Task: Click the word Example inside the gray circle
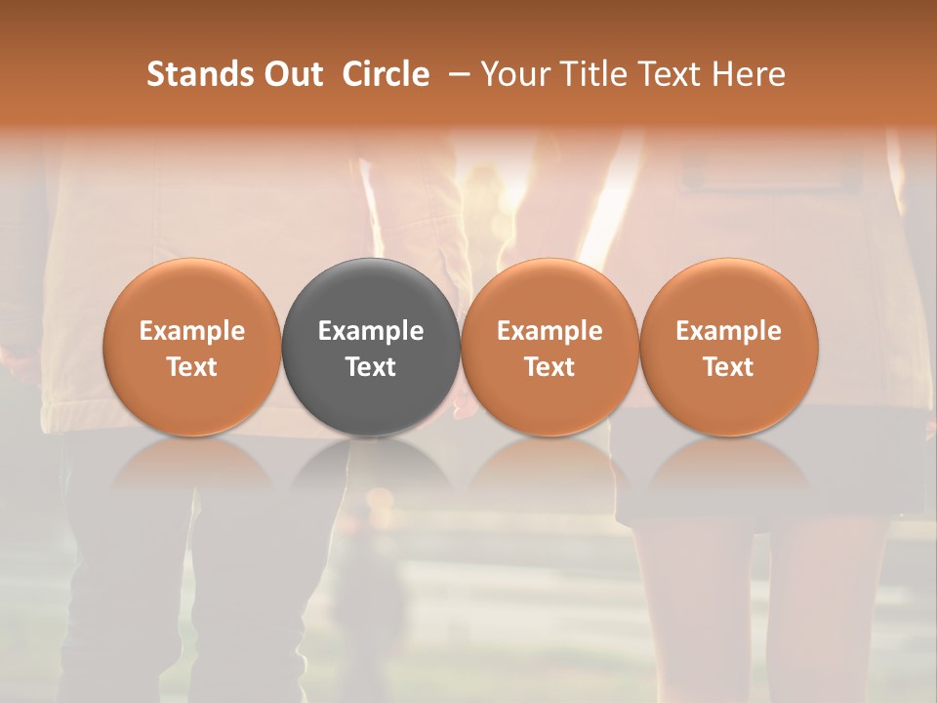371,331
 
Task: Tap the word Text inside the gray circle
371,367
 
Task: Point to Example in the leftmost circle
192,331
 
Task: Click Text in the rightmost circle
729,367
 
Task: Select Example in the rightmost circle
729,331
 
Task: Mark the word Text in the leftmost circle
192,367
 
